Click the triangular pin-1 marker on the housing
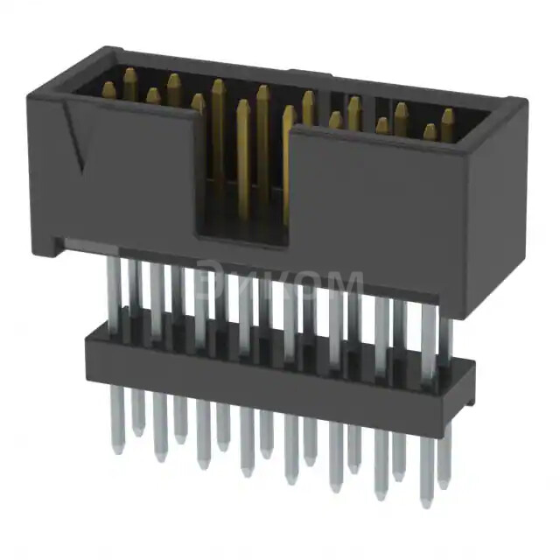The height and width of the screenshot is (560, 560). (x=76, y=140)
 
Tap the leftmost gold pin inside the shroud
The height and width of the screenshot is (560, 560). (x=109, y=90)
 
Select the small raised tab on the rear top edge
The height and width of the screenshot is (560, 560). (x=311, y=73)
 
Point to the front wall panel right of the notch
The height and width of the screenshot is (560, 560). (x=376, y=210)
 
